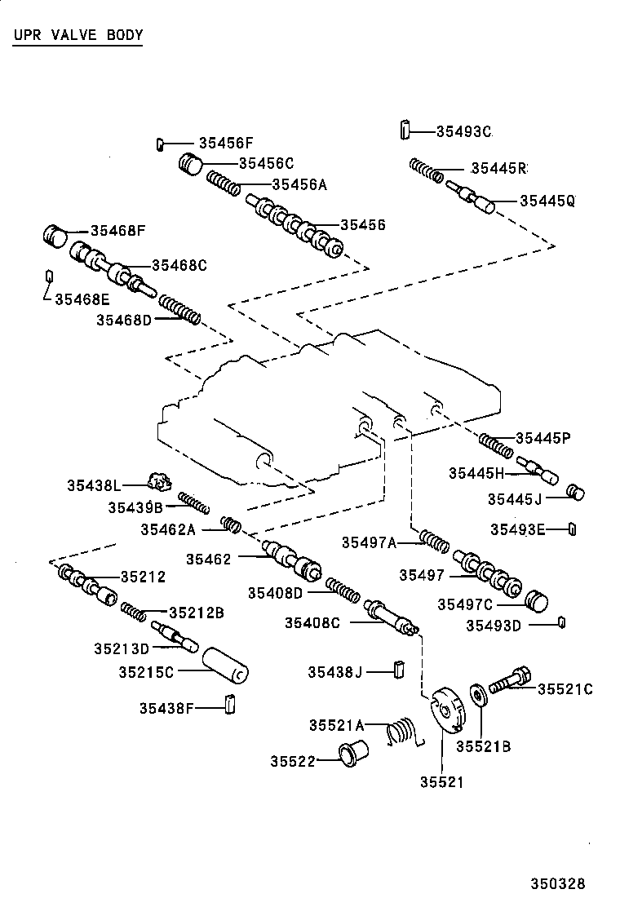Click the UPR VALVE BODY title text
click(78, 35)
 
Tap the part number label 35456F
click(226, 143)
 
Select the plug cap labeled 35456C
click(191, 163)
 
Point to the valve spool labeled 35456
click(294, 223)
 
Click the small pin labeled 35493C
click(404, 130)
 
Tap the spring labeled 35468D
click(179, 310)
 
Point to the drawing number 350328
click(558, 883)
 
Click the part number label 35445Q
click(547, 201)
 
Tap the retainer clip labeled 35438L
click(158, 483)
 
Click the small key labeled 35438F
click(230, 702)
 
